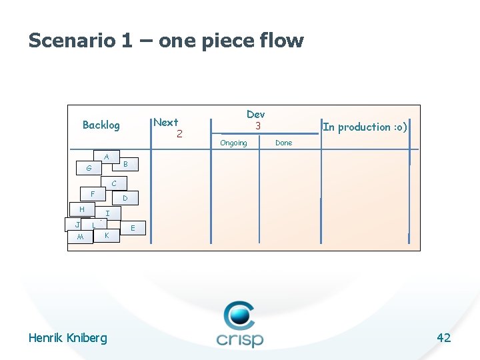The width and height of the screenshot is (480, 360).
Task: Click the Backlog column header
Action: pyautogui.click(x=101, y=125)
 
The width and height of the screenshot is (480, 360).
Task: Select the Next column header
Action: pyautogui.click(x=165, y=122)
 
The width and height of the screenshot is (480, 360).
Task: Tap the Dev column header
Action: pyautogui.click(x=255, y=114)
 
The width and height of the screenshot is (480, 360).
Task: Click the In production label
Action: pyautogui.click(x=365, y=127)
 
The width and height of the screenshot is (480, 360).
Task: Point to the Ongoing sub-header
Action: pyautogui.click(x=233, y=143)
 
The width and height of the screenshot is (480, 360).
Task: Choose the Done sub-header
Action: pyautogui.click(x=283, y=143)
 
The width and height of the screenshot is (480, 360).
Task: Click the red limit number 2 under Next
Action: pyautogui.click(x=179, y=133)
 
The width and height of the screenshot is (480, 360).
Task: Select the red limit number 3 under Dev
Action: pyautogui.click(x=256, y=125)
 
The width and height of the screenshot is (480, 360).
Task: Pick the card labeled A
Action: pyautogui.click(x=106, y=157)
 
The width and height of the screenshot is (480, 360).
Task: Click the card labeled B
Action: pyautogui.click(x=127, y=164)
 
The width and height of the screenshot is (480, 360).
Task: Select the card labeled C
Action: pyautogui.click(x=115, y=183)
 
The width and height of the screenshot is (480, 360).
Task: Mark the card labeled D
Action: pyautogui.click(x=125, y=199)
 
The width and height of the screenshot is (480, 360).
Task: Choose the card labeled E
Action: pyautogui.click(x=133, y=228)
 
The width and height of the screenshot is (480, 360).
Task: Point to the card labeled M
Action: pyautogui.click(x=80, y=237)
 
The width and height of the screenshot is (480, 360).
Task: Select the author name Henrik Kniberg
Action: pyautogui.click(x=67, y=337)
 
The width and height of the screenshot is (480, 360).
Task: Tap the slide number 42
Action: pyautogui.click(x=443, y=337)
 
